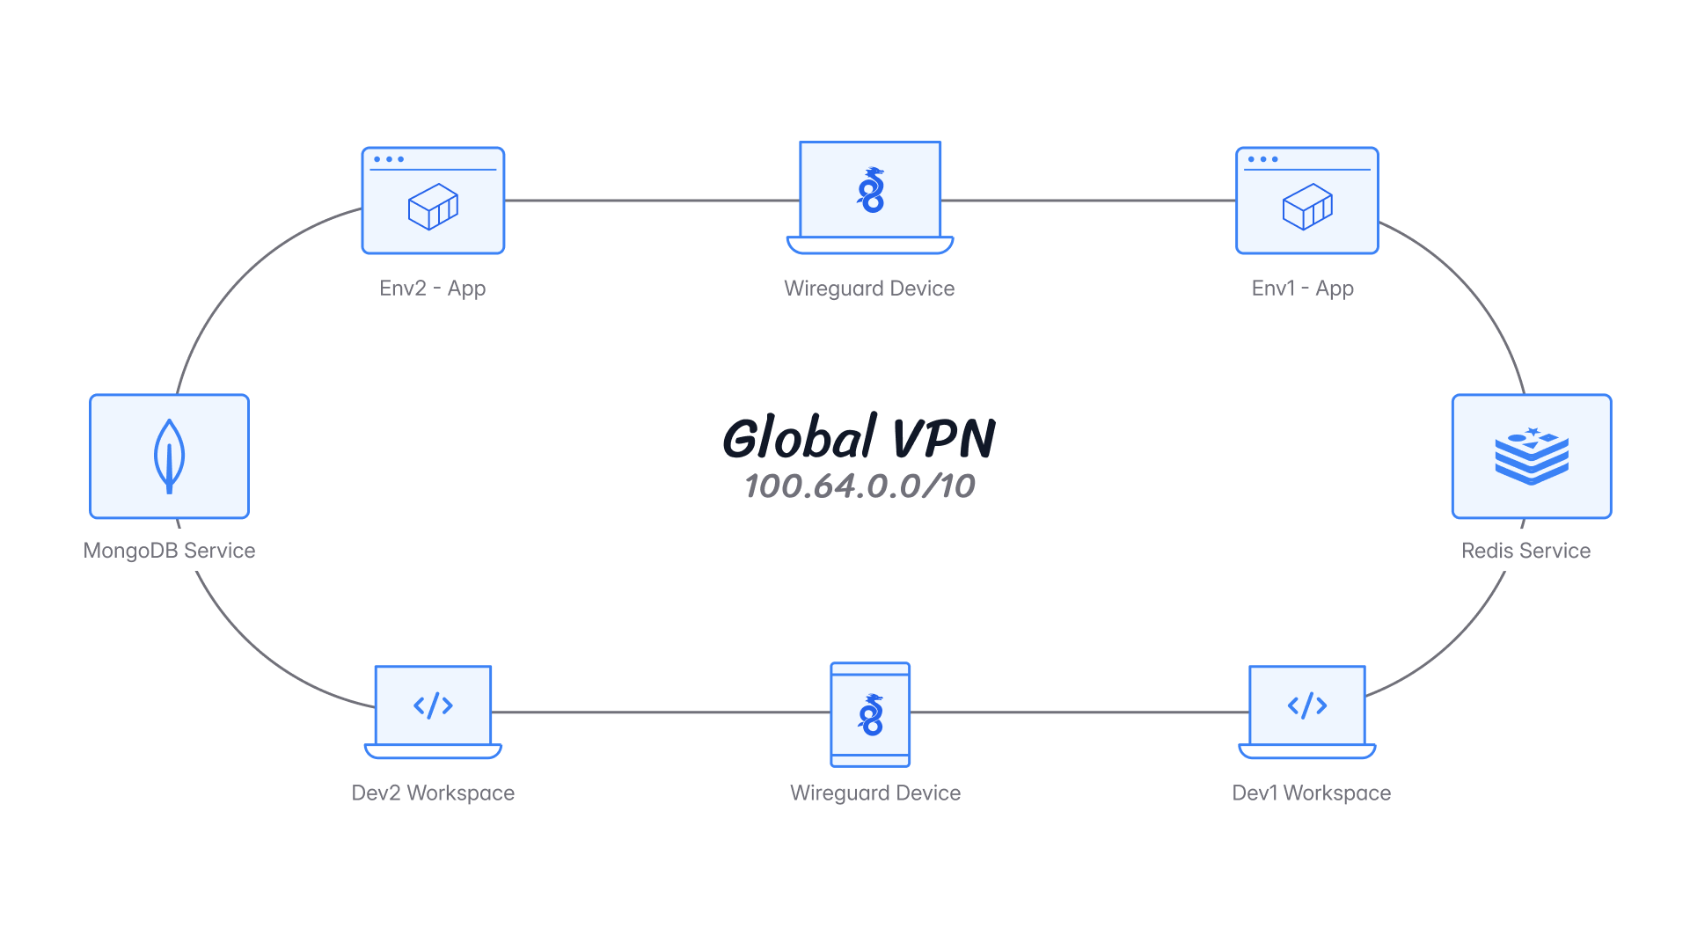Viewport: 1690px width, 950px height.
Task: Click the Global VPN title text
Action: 859,437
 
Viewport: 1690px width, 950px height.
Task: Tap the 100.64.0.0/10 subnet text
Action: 860,486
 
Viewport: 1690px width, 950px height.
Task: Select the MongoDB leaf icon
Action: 169,456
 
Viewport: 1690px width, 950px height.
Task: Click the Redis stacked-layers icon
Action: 1531,457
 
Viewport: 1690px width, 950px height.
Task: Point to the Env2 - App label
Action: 432,289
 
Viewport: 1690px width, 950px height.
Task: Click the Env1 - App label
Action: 1302,289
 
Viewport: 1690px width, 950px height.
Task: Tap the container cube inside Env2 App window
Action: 433,207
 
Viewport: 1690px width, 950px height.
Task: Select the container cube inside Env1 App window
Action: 1307,207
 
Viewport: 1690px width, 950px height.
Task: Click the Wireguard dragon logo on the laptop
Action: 870,190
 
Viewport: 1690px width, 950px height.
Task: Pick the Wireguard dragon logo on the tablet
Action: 870,714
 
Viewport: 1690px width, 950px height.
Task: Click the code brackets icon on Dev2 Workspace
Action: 433,705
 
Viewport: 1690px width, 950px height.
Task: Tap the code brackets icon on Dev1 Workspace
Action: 1307,705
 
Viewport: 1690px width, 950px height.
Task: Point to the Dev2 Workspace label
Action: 432,793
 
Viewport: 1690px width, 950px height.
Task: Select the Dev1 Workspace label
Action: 1311,793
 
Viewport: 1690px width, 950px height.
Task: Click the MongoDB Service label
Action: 169,551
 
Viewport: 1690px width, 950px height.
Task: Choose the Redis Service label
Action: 1525,551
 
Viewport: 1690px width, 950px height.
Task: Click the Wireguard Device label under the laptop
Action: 869,289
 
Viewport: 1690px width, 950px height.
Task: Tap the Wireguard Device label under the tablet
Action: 874,793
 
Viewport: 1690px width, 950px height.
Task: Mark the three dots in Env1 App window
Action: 1262,159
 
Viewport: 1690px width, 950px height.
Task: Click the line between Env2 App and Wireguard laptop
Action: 651,201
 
